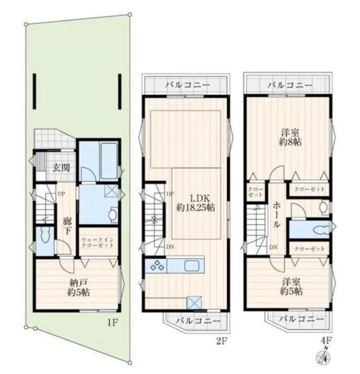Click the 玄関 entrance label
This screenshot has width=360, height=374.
61,168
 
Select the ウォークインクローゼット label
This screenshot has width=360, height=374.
97,242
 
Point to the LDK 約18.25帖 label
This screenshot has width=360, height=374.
196,203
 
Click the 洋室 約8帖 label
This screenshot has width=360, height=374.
291,137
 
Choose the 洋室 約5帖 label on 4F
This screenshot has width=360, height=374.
291,287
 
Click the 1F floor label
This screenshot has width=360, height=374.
112,323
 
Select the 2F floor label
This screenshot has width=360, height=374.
221,341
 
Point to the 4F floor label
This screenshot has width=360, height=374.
327,340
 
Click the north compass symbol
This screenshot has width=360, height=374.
323,358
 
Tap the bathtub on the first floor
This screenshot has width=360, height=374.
109,161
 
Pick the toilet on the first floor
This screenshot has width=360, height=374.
45,234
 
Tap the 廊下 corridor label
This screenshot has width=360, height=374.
67,227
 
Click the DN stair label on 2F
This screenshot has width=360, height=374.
170,247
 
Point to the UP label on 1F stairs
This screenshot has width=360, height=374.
62,194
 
